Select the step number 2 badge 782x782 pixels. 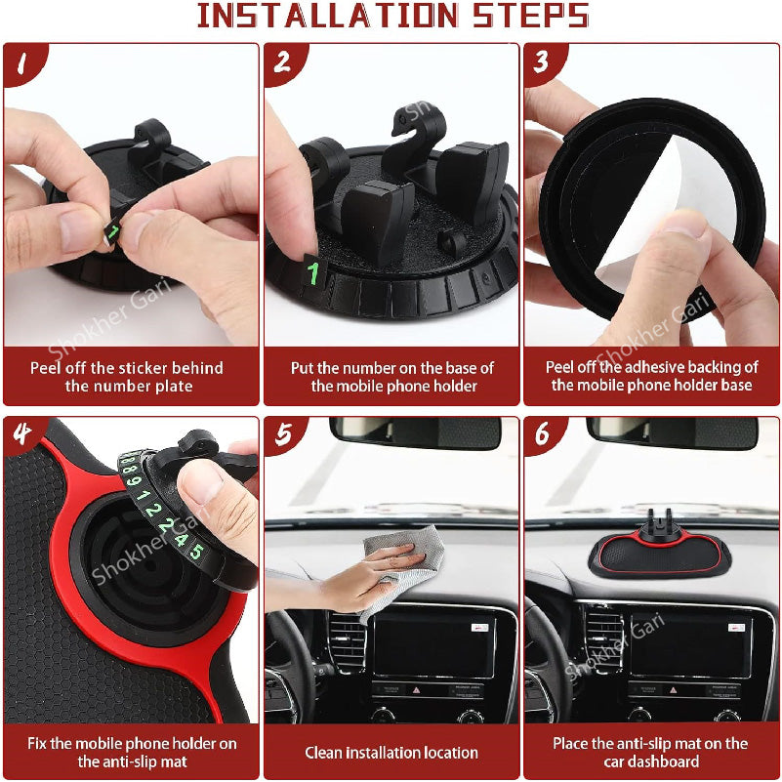(x=282, y=62)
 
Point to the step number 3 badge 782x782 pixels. (x=541, y=62)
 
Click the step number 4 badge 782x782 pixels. (x=21, y=434)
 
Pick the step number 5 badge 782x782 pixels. (x=282, y=434)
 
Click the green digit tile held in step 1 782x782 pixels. (x=114, y=232)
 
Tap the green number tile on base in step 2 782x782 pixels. (x=313, y=272)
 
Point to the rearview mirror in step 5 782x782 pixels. (x=415, y=432)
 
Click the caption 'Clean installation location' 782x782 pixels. (x=391, y=752)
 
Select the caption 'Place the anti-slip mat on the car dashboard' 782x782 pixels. (x=651, y=752)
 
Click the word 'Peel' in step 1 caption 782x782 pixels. (x=47, y=368)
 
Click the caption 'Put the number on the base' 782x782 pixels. (x=391, y=377)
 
